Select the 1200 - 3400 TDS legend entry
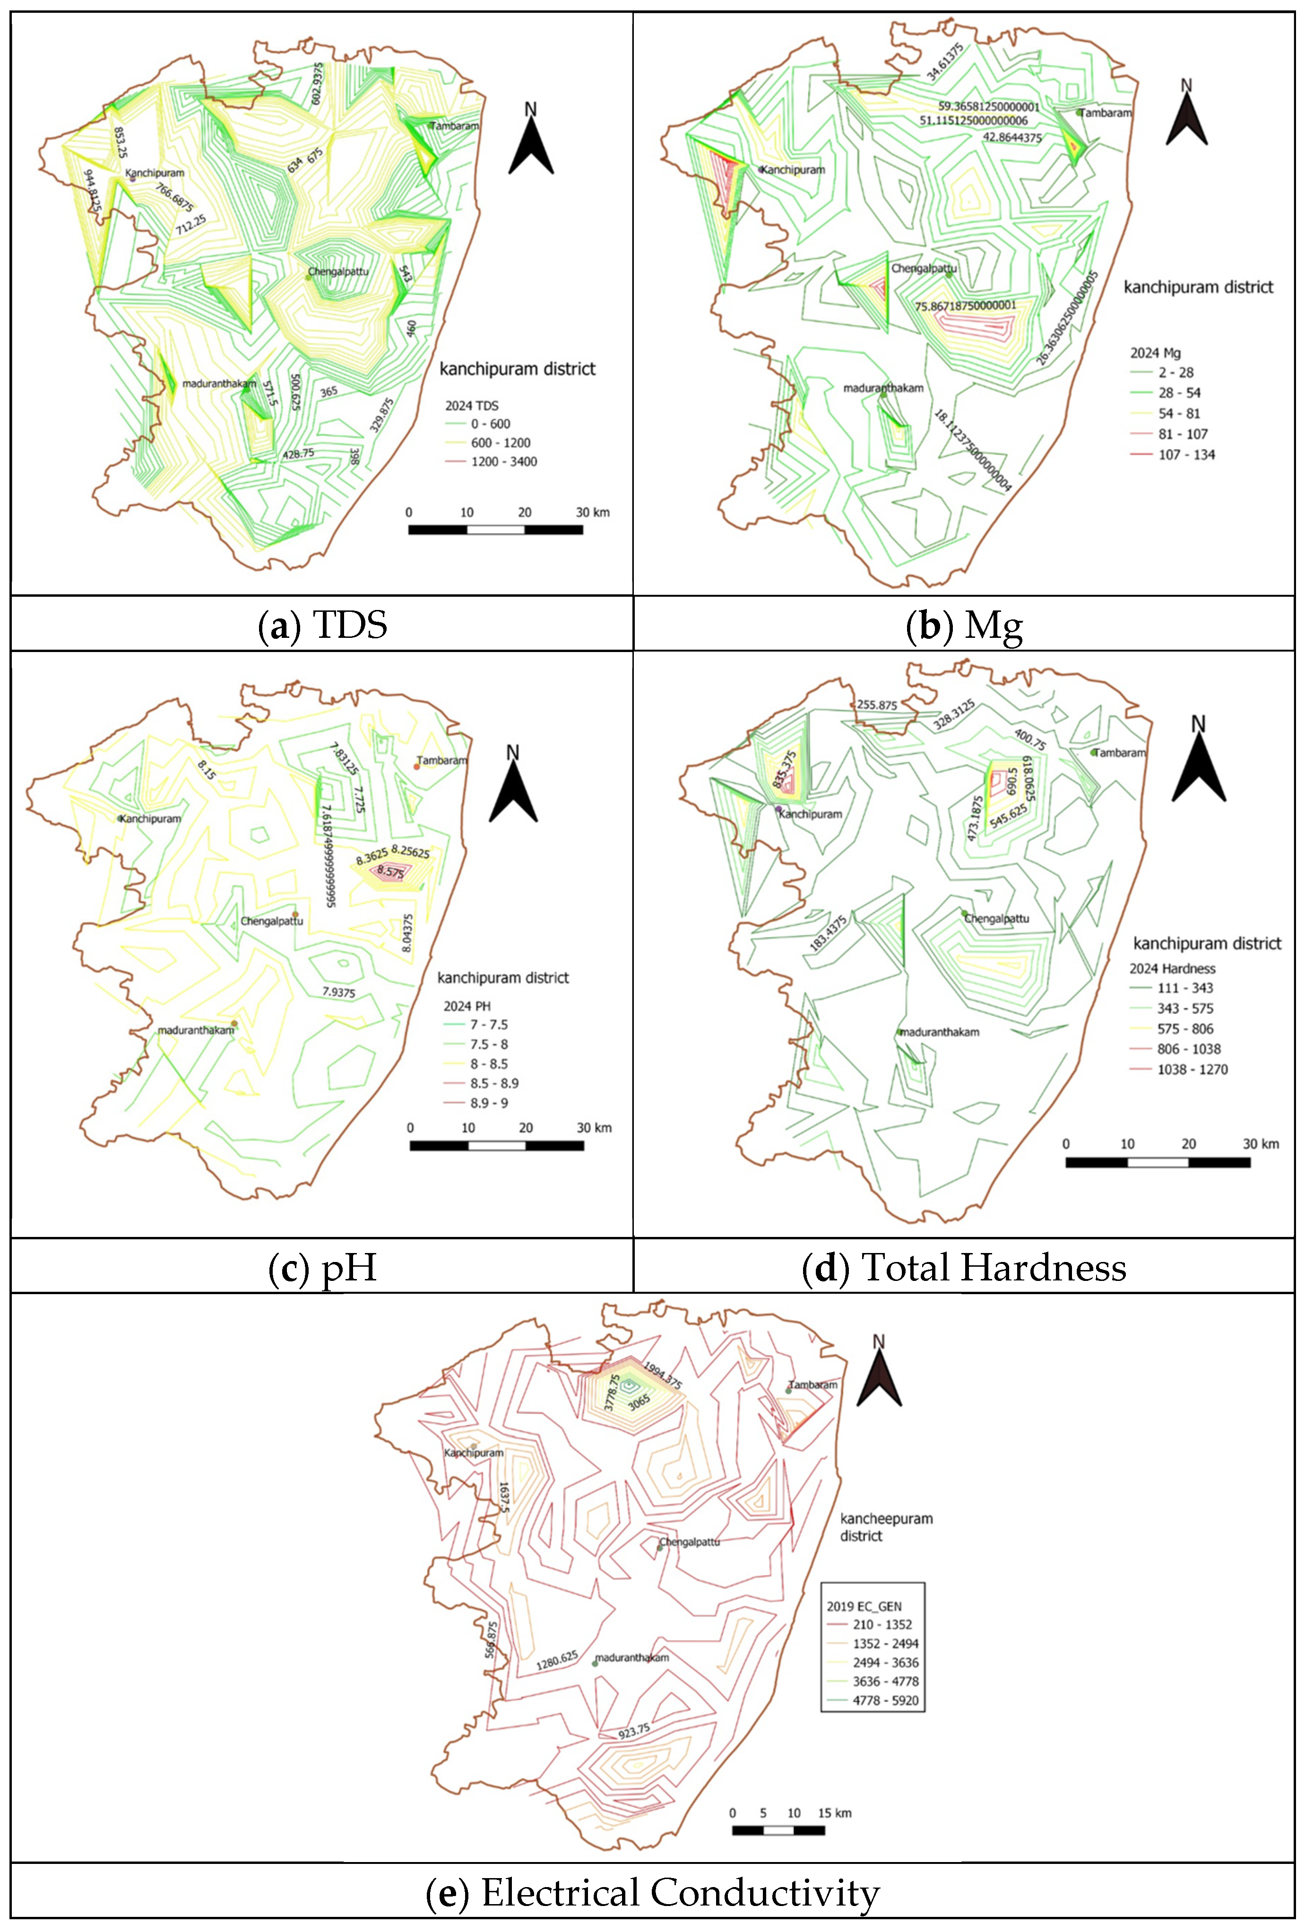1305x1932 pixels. [x=503, y=461]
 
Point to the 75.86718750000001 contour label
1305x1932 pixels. [x=965, y=306]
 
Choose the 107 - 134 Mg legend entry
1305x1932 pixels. [x=1186, y=455]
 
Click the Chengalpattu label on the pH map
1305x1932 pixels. [x=272, y=921]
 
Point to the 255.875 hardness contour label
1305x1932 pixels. [x=877, y=705]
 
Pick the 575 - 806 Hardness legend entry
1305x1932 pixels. [x=1184, y=1028]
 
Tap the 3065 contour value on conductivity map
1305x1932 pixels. [x=639, y=1402]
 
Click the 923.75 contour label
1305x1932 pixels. [x=633, y=1732]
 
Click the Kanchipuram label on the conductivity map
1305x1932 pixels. [x=474, y=1453]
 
